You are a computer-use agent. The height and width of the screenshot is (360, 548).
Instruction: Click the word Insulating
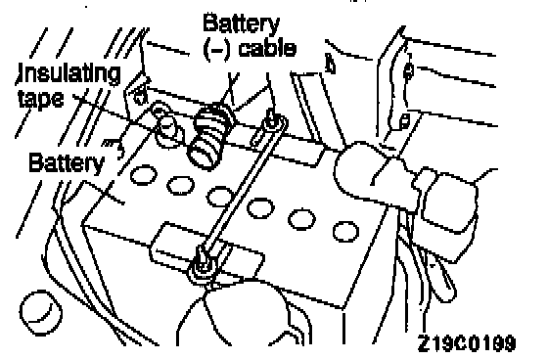[x=68, y=74]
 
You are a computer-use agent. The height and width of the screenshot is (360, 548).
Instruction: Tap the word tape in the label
[x=41, y=99]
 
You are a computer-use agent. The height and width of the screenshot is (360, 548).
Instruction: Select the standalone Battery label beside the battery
[x=67, y=162]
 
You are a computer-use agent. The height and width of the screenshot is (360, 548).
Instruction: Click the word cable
[x=267, y=48]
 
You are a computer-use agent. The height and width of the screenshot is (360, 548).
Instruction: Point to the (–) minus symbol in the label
[x=216, y=50]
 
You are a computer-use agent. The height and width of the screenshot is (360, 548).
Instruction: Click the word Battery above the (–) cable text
[x=241, y=23]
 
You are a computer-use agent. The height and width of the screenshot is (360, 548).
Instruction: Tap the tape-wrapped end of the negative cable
[x=209, y=135]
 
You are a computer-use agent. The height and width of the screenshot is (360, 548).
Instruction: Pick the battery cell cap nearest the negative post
[x=143, y=175]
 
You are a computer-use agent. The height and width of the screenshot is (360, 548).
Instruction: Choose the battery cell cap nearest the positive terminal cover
[x=345, y=232]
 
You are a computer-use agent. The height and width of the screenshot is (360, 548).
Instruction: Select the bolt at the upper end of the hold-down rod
[x=272, y=121]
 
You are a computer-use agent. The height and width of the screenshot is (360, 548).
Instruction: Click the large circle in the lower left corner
[x=41, y=313]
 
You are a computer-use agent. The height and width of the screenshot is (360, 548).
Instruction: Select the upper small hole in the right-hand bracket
[x=408, y=71]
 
